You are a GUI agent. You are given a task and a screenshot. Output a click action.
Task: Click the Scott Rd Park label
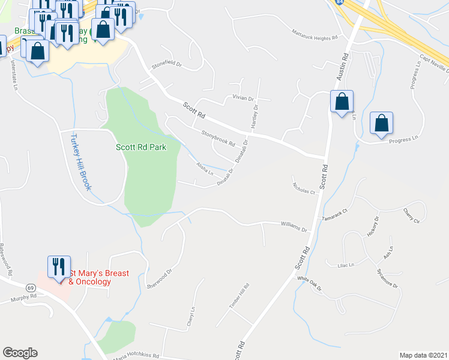pyautogui.click(x=141, y=146)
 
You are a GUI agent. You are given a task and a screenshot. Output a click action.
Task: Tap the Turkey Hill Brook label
pyautogui.click(x=82, y=161)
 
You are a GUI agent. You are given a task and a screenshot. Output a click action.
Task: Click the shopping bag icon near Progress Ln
pyautogui.click(x=381, y=124)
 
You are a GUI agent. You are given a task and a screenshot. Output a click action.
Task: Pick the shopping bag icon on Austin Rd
pyautogui.click(x=342, y=102)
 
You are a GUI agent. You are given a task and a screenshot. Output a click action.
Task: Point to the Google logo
pyautogui.click(x=20, y=353)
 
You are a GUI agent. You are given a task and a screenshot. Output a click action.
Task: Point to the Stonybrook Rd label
pyautogui.click(x=218, y=138)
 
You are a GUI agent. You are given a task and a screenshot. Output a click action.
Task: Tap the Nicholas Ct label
pyautogui.click(x=304, y=187)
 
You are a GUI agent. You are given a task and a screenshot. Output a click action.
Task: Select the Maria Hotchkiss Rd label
pyautogui.click(x=139, y=355)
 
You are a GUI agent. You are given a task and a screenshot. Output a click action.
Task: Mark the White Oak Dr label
pyautogui.click(x=310, y=283)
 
